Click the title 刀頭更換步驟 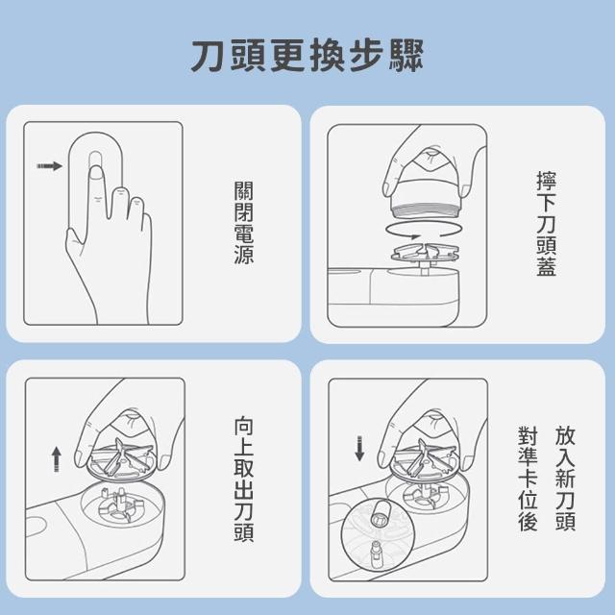(x=307, y=56)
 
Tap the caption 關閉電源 (x=243, y=222)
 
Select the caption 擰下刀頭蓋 (x=546, y=224)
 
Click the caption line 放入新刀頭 (x=565, y=479)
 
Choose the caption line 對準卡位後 (x=528, y=479)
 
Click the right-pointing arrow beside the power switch (x=49, y=166)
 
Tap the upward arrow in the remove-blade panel (x=57, y=459)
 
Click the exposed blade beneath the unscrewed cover (x=425, y=253)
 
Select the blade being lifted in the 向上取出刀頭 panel (x=122, y=459)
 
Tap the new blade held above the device (x=425, y=459)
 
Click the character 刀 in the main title (x=208, y=56)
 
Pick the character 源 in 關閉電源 (x=243, y=254)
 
